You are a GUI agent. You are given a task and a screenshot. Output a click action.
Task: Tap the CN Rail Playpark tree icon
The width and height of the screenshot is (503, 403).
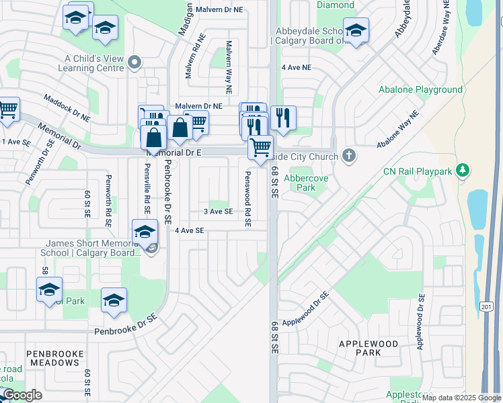coord(462,171)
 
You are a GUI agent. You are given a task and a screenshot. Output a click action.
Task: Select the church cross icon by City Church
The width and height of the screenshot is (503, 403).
coord(348,156)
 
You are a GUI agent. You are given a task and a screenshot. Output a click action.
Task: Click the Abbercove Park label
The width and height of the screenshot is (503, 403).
coord(299,183)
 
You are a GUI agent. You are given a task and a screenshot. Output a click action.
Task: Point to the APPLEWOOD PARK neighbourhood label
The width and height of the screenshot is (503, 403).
coord(369,348)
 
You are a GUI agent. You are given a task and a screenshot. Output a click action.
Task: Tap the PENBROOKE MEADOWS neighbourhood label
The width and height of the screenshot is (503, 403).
coord(54,358)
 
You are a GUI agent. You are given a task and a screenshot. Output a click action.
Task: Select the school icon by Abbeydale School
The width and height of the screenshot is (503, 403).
coord(356,30)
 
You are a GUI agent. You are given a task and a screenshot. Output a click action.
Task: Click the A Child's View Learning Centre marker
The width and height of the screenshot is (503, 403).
coord(134,63)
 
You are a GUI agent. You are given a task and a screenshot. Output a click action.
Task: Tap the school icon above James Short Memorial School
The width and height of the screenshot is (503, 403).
coord(144,232)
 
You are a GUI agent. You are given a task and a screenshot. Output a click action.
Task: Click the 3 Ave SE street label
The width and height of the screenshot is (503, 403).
coord(219,212)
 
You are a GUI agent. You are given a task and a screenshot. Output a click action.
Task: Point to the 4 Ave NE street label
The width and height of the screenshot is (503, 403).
coord(297,68)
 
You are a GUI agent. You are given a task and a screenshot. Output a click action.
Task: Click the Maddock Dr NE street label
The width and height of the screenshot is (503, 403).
coord(67,107)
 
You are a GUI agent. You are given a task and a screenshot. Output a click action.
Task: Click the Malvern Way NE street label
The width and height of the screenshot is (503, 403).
coord(229,66)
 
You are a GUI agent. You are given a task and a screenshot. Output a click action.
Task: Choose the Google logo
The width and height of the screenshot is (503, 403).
coord(22,395)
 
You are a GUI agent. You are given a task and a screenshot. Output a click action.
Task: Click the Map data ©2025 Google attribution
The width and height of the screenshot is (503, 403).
coord(461,398)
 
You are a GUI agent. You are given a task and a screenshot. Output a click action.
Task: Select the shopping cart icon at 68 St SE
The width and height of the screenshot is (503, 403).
coord(260,146)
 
